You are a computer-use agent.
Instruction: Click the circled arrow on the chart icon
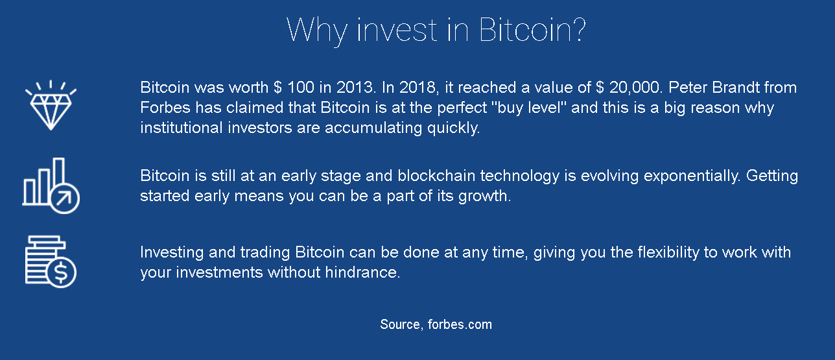[x=64, y=198]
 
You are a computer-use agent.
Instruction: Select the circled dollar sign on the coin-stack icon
[x=62, y=272]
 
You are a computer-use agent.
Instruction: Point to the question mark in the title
[x=578, y=29]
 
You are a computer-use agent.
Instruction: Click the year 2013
[x=355, y=88]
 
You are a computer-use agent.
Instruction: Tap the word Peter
[x=688, y=88]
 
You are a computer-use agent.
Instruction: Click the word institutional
[x=181, y=128]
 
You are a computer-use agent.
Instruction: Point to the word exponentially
[x=692, y=176]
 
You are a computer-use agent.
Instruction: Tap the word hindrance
[x=362, y=272]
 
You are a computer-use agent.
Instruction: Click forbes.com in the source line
[x=460, y=324]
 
